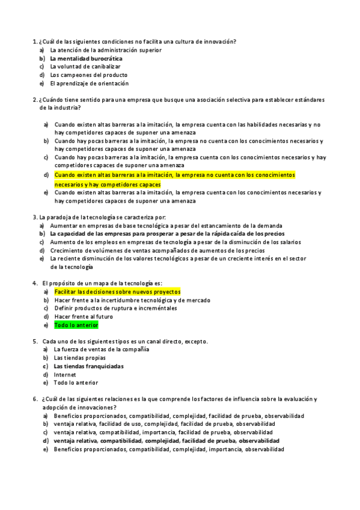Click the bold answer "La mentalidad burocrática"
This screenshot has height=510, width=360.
pyautogui.click(x=86, y=59)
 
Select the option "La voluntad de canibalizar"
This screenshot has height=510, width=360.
pyautogui.click(x=85, y=67)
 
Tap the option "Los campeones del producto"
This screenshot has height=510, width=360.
pyautogui.click(x=89, y=75)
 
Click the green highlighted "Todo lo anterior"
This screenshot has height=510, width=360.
pyautogui.click(x=76, y=325)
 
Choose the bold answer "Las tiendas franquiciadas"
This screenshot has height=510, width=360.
pyautogui.click(x=88, y=366)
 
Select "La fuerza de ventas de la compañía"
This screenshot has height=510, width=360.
pyautogui.click(x=101, y=349)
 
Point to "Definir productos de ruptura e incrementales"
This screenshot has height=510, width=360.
pyautogui.click(x=115, y=308)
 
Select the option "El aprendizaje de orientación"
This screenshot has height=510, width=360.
pyautogui.click(x=89, y=84)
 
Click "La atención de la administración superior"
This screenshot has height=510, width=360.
pyautogui.click(x=105, y=51)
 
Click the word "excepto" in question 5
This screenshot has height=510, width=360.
pyautogui.click(x=197, y=341)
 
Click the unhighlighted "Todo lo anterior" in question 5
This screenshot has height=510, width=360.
pyautogui.click(x=76, y=382)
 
